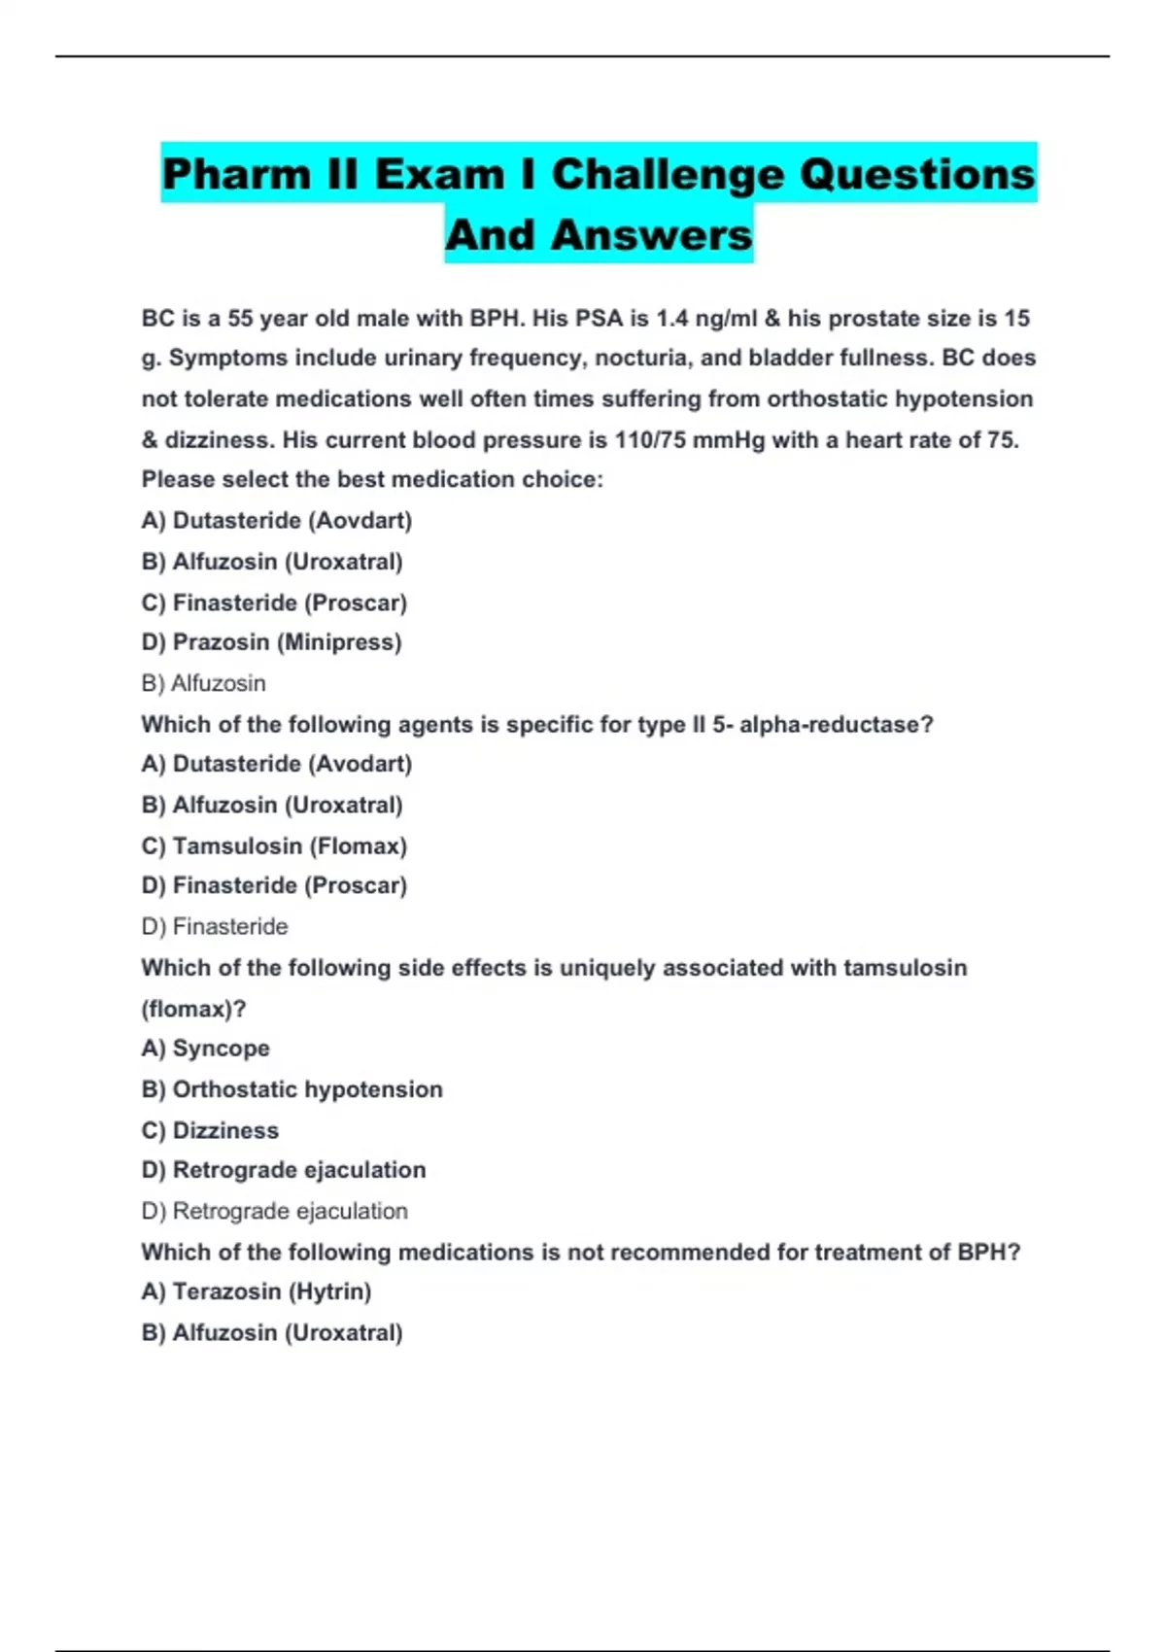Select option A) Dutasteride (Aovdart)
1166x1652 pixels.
(277, 521)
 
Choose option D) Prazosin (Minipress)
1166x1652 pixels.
(271, 642)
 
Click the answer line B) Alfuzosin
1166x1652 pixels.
(203, 683)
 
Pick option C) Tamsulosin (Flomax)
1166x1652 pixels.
(274, 845)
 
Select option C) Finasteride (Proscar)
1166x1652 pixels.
(274, 602)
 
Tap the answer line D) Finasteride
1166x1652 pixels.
(215, 926)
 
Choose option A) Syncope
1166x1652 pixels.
(205, 1049)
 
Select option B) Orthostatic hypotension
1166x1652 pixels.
(291, 1089)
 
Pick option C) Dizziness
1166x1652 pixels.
(210, 1130)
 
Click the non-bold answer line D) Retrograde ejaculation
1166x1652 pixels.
(274, 1211)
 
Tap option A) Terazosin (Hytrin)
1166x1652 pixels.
(257, 1291)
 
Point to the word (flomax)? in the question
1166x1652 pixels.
(193, 1009)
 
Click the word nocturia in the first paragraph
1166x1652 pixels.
(641, 359)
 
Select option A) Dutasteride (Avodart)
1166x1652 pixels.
(277, 764)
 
